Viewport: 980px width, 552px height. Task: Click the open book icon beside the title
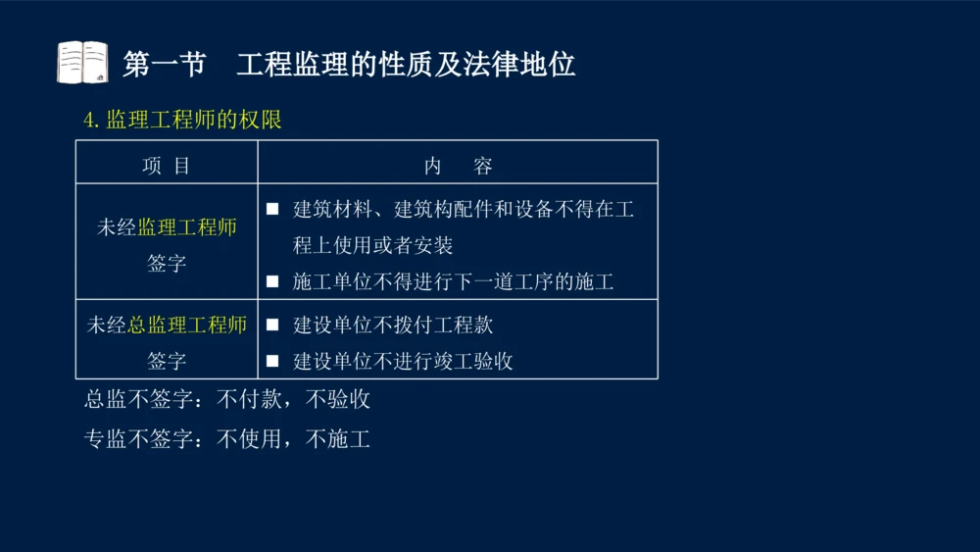point(82,63)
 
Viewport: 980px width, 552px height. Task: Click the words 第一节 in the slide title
point(164,65)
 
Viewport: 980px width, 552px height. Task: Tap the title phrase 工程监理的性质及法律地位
point(406,65)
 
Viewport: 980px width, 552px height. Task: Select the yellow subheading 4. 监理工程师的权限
point(182,121)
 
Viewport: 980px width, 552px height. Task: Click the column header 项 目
point(167,166)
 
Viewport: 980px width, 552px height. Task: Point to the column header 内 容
point(458,166)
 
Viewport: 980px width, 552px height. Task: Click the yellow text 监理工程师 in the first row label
point(187,227)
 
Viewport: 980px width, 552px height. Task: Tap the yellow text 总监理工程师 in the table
point(187,325)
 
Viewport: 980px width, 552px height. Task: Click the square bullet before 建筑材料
point(273,209)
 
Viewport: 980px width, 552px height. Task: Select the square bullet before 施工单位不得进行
point(273,282)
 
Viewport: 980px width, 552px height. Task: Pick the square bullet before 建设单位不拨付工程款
point(273,325)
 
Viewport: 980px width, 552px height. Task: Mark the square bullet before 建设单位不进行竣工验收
point(273,361)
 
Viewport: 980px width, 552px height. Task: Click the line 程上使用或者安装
point(372,245)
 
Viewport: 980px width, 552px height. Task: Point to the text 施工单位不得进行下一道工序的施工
point(453,282)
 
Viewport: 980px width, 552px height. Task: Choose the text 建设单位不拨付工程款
point(393,325)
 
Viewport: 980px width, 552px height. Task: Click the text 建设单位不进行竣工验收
point(403,361)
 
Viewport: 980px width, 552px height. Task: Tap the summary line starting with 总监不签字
point(227,400)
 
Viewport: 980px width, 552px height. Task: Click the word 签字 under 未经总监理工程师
point(167,361)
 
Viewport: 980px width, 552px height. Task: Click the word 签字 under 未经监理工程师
point(167,263)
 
